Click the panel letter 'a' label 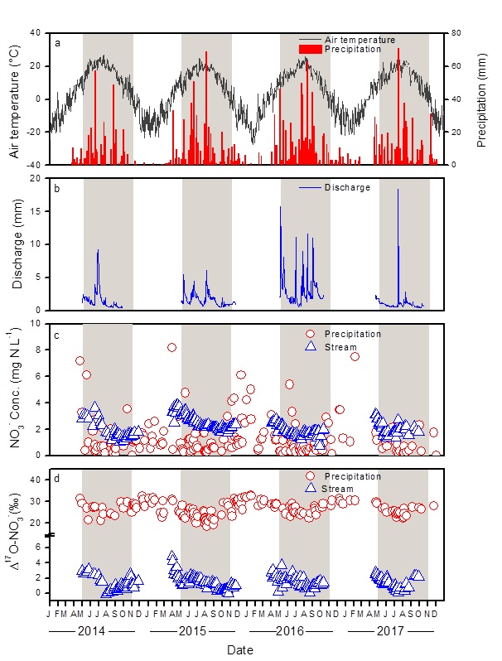point(57,43)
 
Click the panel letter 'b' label point(57,188)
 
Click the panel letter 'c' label point(57,334)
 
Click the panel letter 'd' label point(57,479)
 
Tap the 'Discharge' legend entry point(347,187)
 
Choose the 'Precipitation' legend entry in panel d point(352,476)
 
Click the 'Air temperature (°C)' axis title point(14,99)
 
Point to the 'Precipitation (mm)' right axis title point(483,99)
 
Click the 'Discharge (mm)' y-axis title point(17,244)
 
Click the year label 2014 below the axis point(91,631)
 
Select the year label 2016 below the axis point(290,631)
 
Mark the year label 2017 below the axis point(389,631)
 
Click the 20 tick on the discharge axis point(39,178)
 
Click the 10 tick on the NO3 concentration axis point(39,324)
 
